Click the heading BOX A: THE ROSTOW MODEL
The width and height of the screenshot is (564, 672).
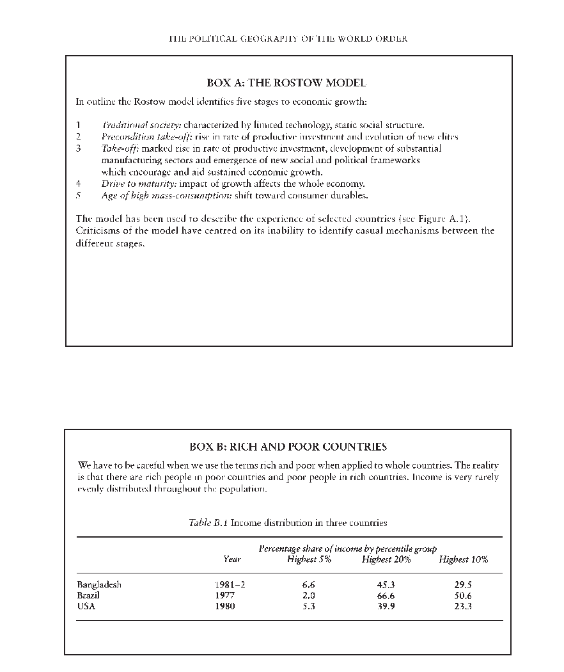(x=286, y=83)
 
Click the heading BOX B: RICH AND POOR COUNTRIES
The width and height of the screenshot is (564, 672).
(x=288, y=447)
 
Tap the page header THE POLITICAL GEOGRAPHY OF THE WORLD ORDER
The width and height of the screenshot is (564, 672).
(x=288, y=38)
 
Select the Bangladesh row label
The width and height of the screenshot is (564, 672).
(x=99, y=584)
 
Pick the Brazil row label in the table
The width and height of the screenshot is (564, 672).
(x=88, y=595)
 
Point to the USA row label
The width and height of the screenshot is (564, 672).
(x=86, y=606)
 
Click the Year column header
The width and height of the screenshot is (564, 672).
(x=232, y=559)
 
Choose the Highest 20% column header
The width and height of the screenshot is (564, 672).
(x=386, y=559)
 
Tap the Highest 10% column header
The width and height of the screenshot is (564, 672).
(x=463, y=559)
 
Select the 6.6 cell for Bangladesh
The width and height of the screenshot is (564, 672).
(x=308, y=584)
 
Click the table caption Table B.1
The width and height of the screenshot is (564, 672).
(x=208, y=523)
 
